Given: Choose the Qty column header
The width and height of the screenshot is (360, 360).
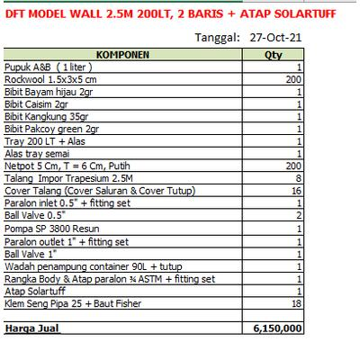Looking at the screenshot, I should (x=273, y=54).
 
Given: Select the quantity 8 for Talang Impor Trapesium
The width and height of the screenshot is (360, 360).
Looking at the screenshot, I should (x=298, y=179).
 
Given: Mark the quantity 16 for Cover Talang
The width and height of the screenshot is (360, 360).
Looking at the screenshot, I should (x=296, y=192).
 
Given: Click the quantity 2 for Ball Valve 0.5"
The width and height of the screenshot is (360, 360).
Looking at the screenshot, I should (x=298, y=217).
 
